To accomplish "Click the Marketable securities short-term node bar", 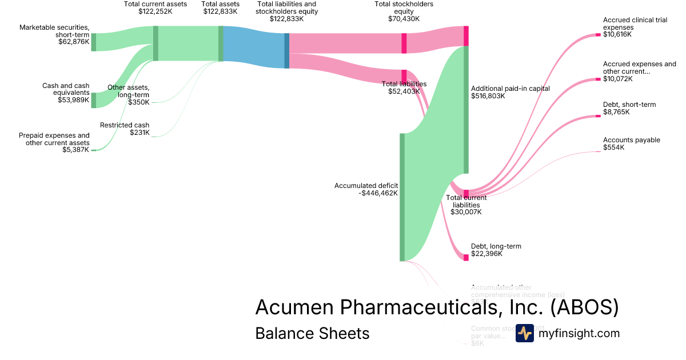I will (94, 42).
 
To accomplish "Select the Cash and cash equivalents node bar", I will (94, 100).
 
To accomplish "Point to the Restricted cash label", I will (125, 125).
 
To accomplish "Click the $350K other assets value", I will (139, 102).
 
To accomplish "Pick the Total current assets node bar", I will (155, 43).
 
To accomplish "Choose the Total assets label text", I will (220, 4).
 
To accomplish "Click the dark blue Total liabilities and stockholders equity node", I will (287, 51).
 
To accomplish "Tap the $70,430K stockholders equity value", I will (404, 19).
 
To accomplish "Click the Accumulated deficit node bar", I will (402, 197).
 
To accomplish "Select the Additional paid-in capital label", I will (510, 89).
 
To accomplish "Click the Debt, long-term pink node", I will (466, 257).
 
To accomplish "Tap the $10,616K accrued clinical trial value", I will (618, 34).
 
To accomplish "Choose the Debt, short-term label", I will (629, 105).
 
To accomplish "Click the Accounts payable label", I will (631, 140).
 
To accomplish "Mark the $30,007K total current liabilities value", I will (466, 212).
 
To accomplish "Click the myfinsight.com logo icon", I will (524, 333).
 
